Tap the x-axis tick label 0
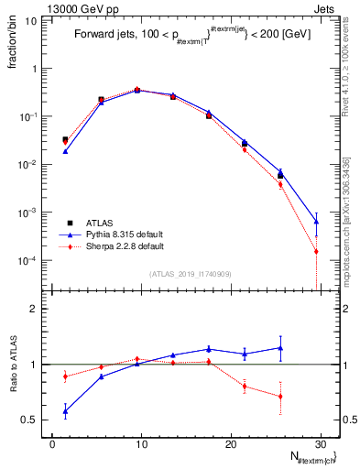(x=51, y=443)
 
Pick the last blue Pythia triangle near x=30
(x=315, y=221)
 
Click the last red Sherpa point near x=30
(x=315, y=251)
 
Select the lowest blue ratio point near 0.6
(x=65, y=410)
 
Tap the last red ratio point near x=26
(x=280, y=397)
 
